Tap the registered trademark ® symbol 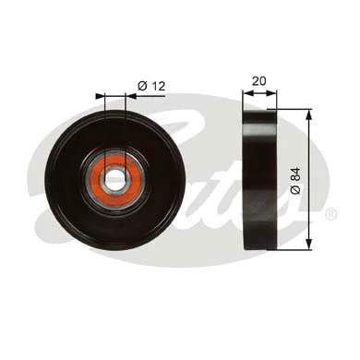click(330, 214)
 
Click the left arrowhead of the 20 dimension click(246, 92)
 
